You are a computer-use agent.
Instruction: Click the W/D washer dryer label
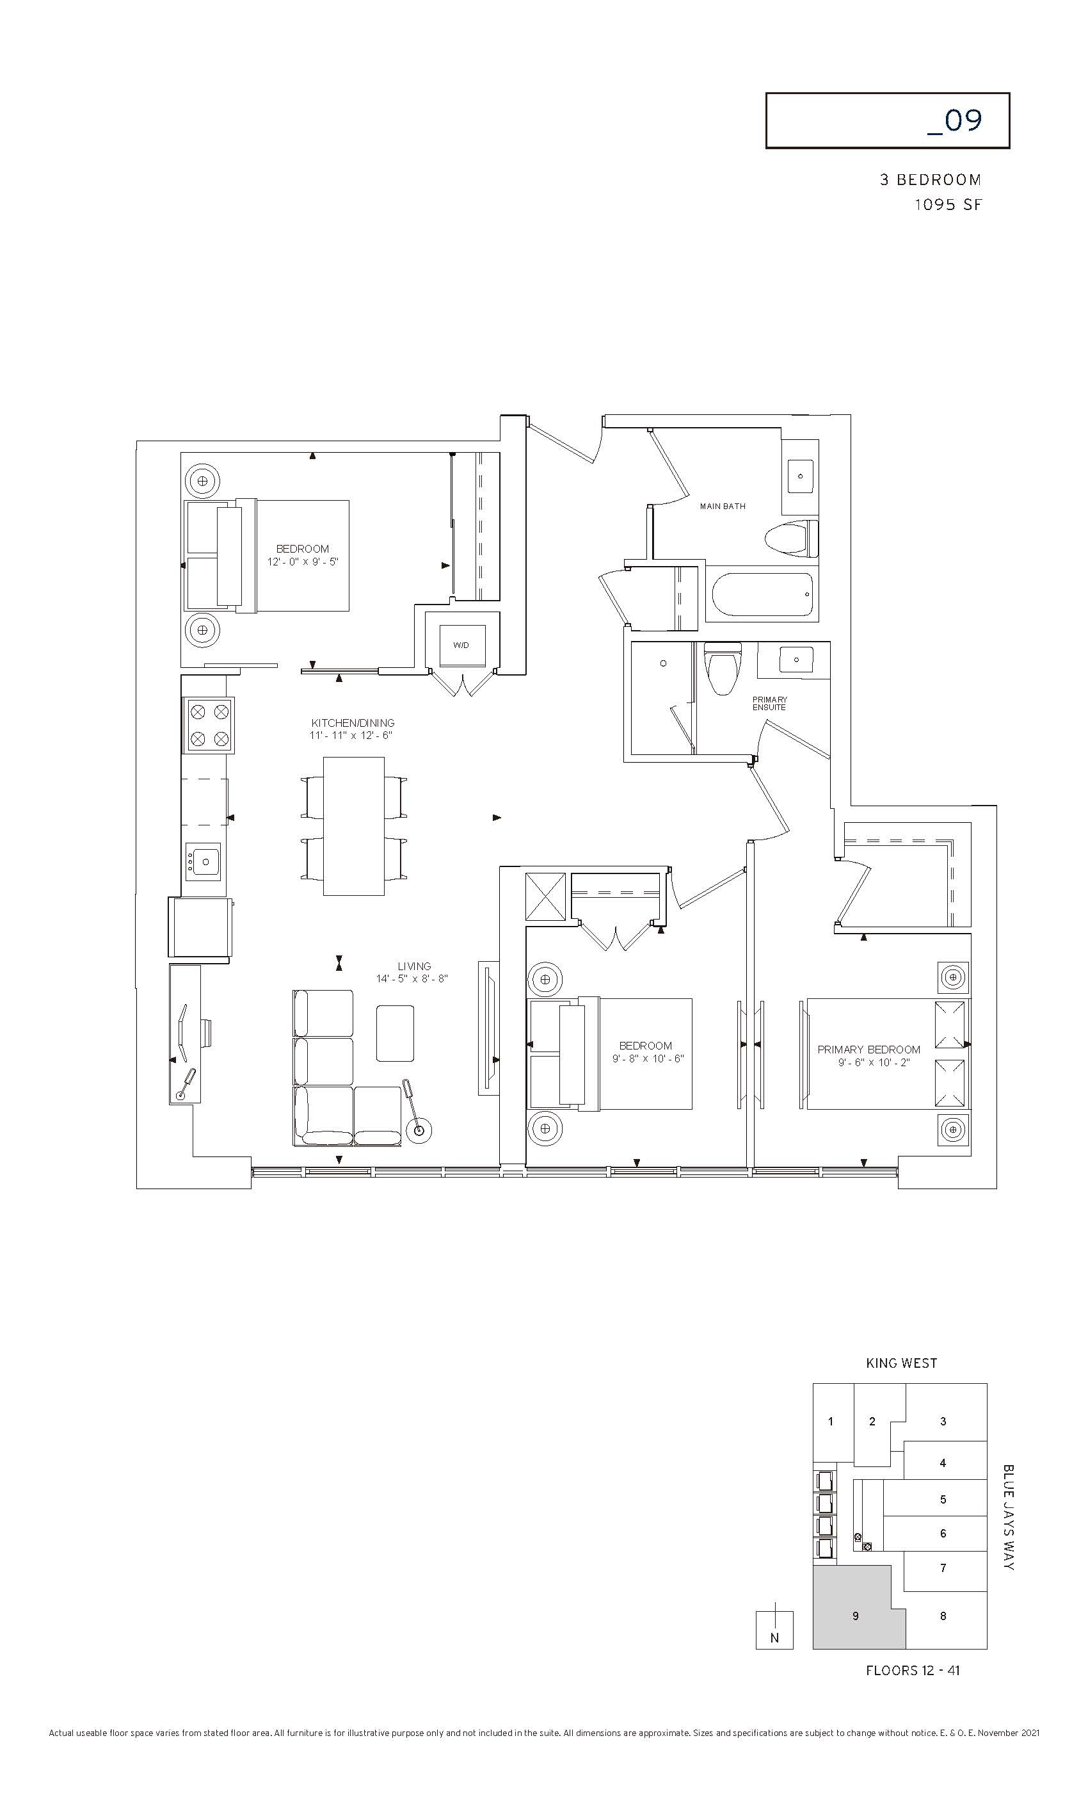tap(461, 645)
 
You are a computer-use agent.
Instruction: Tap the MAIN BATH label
tap(722, 507)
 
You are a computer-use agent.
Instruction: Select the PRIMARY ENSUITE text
tap(769, 704)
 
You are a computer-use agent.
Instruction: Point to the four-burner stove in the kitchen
tap(208, 725)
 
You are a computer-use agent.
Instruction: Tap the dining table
tap(353, 827)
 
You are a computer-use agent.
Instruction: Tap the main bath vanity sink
tap(801, 476)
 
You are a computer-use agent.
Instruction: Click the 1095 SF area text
tap(948, 204)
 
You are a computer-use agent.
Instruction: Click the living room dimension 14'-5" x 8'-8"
tap(412, 978)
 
